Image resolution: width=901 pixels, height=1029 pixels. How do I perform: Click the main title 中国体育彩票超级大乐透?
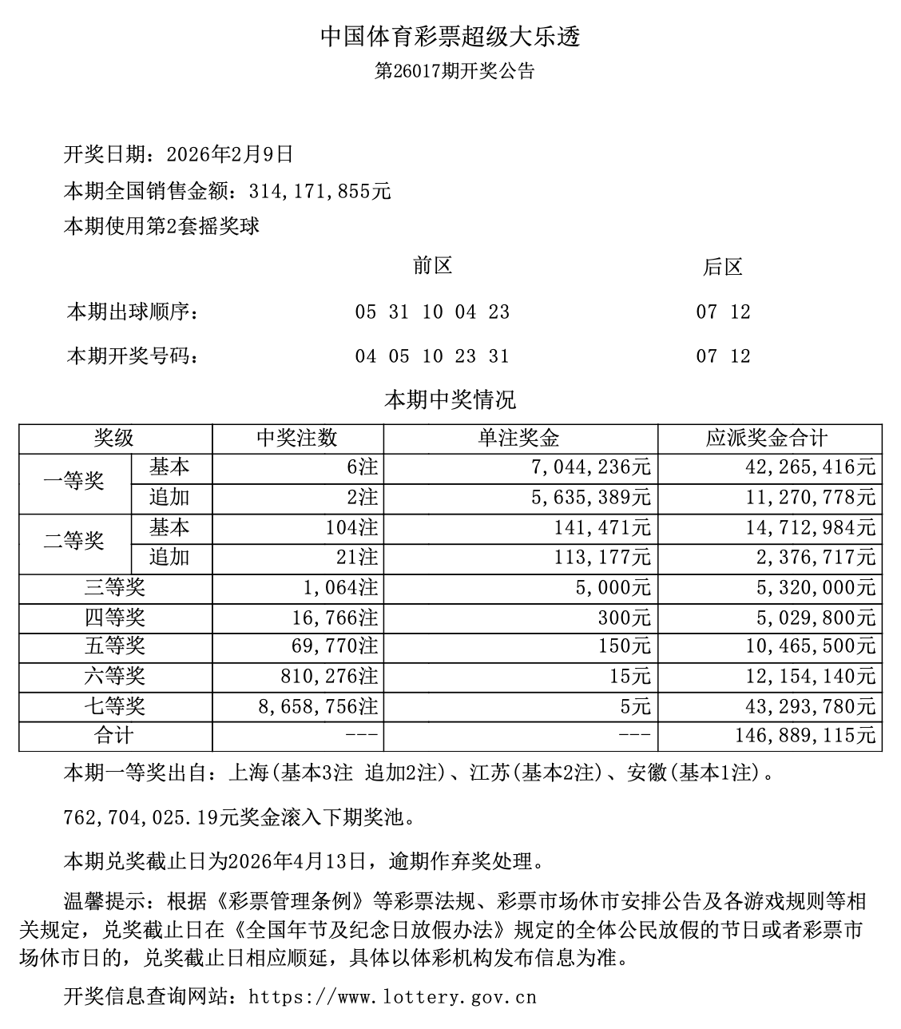click(x=450, y=37)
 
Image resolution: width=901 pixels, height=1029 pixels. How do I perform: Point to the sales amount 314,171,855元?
click(x=320, y=192)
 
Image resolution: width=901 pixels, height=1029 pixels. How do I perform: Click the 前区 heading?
click(x=432, y=266)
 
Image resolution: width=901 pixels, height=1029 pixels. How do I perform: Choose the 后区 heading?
click(x=723, y=268)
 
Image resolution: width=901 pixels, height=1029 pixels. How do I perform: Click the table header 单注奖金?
click(x=519, y=439)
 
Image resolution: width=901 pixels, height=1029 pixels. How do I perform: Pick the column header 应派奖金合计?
click(x=768, y=439)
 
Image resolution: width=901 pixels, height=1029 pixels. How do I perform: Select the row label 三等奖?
click(x=115, y=589)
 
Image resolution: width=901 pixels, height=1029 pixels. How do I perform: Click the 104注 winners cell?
click(x=351, y=528)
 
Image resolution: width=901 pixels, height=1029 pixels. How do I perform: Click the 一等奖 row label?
click(x=74, y=482)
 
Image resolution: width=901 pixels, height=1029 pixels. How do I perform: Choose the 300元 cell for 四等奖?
click(x=625, y=618)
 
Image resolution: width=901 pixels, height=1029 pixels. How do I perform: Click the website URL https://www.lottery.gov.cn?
click(x=392, y=997)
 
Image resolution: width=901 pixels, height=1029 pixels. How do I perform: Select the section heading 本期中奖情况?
click(x=450, y=399)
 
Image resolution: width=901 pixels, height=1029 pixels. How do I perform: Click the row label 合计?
click(x=115, y=735)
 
